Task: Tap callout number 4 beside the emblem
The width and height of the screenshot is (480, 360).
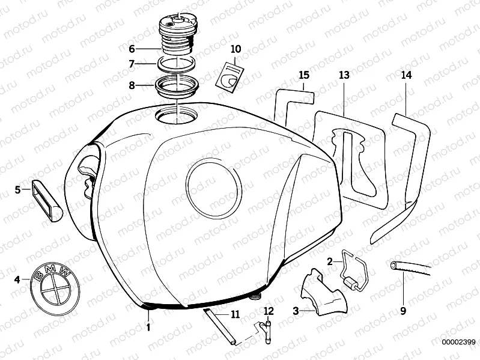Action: pos(17,279)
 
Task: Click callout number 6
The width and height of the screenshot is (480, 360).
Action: pos(132,48)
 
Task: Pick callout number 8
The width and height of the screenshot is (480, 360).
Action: pos(132,85)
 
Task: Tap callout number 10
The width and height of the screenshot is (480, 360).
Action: pos(235,48)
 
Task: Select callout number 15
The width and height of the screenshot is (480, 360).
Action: pos(304,75)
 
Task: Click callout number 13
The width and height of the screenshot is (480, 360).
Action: pos(344,75)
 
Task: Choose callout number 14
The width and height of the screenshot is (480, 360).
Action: pos(407,75)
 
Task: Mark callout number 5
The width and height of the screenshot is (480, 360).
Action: pos(17,190)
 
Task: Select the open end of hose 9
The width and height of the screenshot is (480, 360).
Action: pos(393,265)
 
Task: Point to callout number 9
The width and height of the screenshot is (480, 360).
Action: pos(403,311)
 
